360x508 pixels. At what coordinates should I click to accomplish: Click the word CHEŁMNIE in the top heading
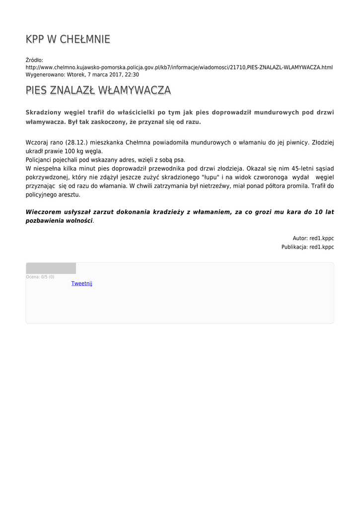[x=85, y=39]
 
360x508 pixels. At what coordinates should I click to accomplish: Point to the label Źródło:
[x=34, y=60]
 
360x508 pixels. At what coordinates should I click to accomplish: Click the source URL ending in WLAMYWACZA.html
[x=179, y=67]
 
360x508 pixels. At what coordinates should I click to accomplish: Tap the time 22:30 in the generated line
[x=132, y=74]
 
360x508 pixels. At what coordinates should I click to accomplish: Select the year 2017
[x=114, y=74]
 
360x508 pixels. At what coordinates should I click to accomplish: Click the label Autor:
[x=300, y=238]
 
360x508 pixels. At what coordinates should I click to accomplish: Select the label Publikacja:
[x=294, y=247]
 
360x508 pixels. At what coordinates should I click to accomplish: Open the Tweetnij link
[x=82, y=283]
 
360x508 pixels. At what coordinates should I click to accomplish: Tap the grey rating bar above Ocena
[x=51, y=268]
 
